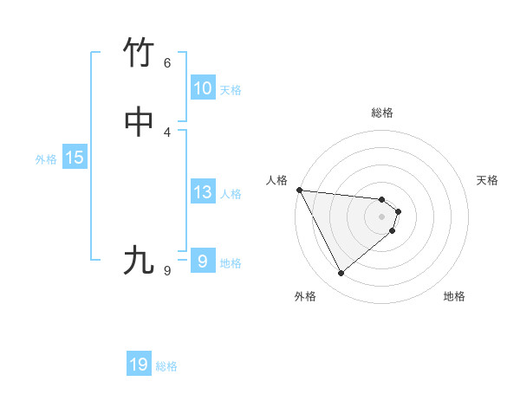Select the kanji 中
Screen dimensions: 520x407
(140, 122)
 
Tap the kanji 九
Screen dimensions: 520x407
(140, 261)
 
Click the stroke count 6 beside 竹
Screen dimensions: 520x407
(167, 63)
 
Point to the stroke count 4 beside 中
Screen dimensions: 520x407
(167, 132)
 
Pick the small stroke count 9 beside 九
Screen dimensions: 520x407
(167, 271)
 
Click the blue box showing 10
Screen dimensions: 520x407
(203, 88)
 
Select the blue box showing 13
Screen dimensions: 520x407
(203, 192)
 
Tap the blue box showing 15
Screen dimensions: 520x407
(75, 158)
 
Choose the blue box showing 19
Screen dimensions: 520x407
(139, 365)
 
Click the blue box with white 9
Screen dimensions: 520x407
(203, 261)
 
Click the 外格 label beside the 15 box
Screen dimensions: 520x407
(46, 159)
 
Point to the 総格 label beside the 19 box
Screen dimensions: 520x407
(166, 366)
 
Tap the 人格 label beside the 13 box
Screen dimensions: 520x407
(231, 194)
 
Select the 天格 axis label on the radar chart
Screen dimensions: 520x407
(488, 180)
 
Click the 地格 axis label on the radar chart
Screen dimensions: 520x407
(454, 296)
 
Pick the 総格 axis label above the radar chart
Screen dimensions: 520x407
(382, 113)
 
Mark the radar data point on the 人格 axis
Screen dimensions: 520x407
(299, 190)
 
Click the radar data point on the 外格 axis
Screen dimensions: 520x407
(341, 274)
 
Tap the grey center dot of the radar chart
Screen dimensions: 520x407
(382, 216)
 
